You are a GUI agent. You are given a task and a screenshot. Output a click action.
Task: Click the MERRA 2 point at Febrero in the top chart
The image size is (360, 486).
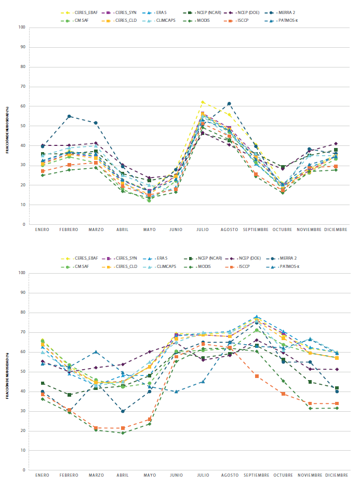click(69, 116)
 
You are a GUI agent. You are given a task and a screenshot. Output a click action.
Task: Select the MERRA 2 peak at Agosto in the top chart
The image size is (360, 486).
click(229, 104)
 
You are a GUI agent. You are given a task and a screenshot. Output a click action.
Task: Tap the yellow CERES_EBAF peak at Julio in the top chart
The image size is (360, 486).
click(203, 102)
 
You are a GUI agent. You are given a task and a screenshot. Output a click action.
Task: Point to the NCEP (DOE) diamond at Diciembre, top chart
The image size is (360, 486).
click(336, 144)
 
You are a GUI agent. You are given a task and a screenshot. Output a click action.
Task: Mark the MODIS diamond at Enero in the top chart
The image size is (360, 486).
click(43, 175)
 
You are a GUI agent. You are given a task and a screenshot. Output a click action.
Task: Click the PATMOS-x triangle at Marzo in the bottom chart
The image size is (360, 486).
click(96, 352)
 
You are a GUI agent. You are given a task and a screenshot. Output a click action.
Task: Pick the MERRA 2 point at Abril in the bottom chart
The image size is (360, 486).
click(123, 411)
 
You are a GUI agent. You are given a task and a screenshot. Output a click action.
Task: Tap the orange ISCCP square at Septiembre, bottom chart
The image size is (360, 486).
click(256, 376)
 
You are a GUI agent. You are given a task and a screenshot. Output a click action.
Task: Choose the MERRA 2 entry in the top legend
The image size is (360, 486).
click(285, 11)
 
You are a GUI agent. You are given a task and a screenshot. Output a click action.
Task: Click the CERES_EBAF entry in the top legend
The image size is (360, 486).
click(83, 11)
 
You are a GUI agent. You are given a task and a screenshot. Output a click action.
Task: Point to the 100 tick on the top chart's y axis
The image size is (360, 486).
click(22, 27)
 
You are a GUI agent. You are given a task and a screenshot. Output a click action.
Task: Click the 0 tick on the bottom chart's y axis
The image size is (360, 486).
click(24, 470)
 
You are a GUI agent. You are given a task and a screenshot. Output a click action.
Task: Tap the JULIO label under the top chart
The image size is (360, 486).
click(203, 229)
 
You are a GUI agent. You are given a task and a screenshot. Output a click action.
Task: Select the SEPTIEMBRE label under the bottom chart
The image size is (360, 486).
click(256, 475)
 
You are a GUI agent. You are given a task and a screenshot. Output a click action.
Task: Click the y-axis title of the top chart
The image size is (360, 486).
click(8, 126)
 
